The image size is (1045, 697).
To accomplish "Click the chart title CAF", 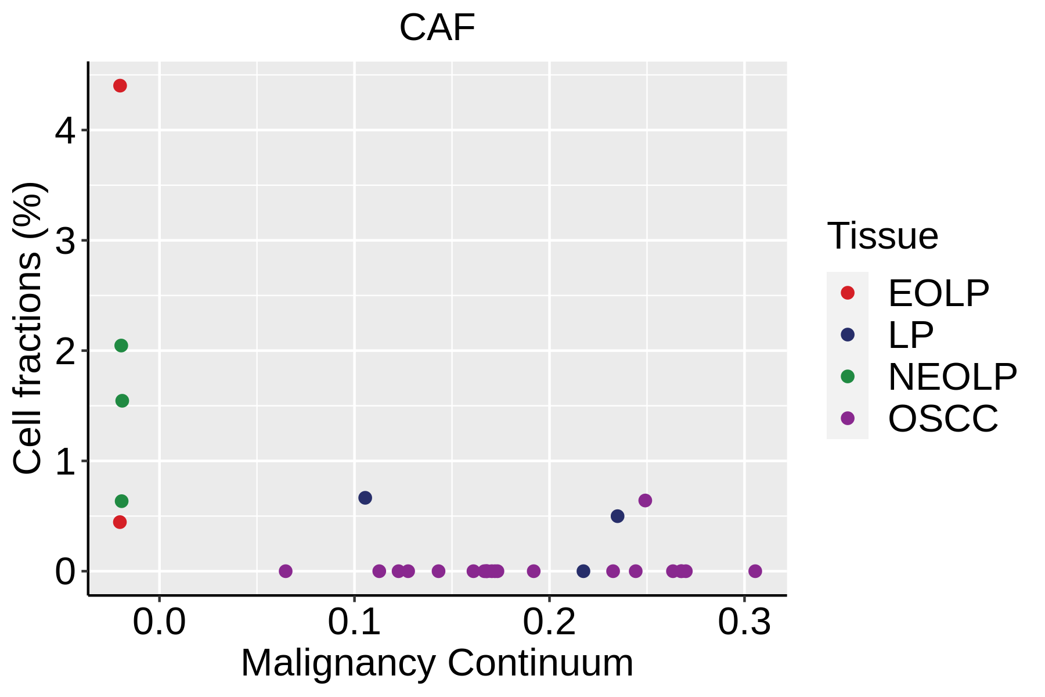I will (x=437, y=28).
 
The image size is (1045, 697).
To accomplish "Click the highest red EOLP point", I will (x=120, y=86).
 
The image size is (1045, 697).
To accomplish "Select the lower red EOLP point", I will (x=120, y=522).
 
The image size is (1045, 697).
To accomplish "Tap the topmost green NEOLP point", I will (x=121, y=346).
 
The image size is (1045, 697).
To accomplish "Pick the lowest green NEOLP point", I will (x=121, y=501).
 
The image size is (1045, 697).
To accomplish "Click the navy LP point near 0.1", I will (x=365, y=498).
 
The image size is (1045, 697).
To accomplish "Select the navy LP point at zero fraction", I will (x=583, y=571).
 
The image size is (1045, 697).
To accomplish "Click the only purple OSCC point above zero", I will (x=645, y=500).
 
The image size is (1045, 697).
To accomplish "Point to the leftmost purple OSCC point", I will (x=286, y=571).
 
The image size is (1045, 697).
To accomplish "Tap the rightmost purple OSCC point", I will (x=755, y=571).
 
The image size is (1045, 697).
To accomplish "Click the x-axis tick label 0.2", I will (x=549, y=623).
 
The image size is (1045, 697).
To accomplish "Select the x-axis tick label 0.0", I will (x=159, y=623).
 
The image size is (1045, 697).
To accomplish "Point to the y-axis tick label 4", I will (x=65, y=131).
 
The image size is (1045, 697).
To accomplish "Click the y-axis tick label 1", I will (x=65, y=462).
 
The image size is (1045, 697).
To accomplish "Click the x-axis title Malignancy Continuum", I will (x=437, y=663).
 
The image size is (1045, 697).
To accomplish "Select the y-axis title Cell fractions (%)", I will (x=27, y=328).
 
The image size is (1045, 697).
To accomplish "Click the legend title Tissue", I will (x=882, y=236).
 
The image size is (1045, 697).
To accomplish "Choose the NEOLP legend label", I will (x=952, y=376).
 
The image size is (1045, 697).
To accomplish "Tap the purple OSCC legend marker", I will (x=848, y=418).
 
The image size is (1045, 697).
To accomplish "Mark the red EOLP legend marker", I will (x=848, y=293).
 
